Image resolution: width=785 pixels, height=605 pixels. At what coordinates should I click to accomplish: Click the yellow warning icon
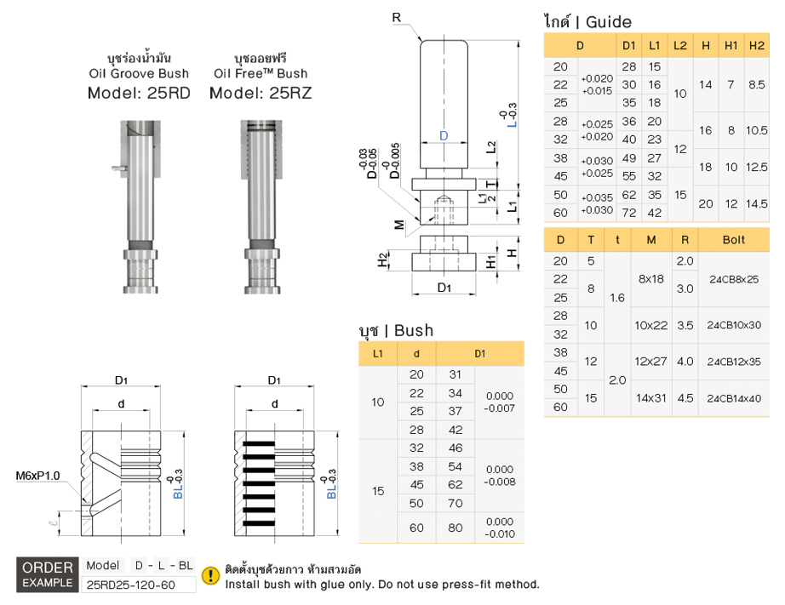[x=209, y=576]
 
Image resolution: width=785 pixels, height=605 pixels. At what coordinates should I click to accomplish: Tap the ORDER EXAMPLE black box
[x=48, y=575]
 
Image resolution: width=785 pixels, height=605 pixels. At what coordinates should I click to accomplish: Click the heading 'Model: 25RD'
[x=139, y=93]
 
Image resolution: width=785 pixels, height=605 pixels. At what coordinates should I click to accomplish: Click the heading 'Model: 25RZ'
[x=261, y=93]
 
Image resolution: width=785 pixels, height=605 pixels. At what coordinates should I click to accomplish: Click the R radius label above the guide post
[x=397, y=17]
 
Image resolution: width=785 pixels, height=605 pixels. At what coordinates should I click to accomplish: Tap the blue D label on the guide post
[x=444, y=136]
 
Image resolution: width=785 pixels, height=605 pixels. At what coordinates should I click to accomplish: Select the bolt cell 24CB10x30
[x=733, y=325]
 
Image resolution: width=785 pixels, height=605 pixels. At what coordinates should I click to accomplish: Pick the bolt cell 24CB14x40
[x=733, y=397]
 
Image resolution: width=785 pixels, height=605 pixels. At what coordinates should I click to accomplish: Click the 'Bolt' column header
[x=733, y=240]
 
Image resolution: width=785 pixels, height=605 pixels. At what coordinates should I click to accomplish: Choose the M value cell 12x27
[x=650, y=362]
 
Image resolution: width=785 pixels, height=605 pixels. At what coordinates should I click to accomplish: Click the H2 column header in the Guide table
[x=756, y=44]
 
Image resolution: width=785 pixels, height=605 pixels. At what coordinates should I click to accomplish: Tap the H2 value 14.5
[x=756, y=204]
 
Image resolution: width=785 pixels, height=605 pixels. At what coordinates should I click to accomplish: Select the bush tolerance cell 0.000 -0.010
[x=499, y=528]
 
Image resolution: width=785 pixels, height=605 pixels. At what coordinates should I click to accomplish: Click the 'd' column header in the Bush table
[x=416, y=353]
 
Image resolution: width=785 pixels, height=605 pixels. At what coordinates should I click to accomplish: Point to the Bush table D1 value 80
[x=456, y=528]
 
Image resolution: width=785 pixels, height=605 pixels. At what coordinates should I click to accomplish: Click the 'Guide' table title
[x=587, y=22]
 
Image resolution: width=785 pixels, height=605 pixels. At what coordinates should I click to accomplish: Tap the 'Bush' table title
[x=396, y=330]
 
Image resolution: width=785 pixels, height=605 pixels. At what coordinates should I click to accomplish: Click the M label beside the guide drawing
[x=398, y=225]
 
